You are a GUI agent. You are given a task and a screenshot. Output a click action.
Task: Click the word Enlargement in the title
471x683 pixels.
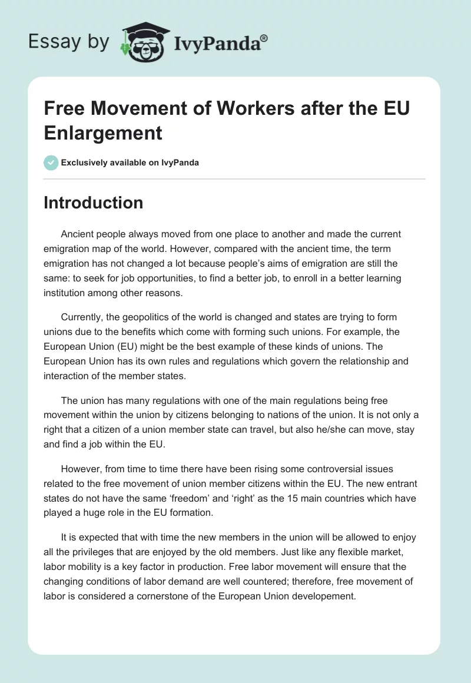pyautogui.click(x=103, y=133)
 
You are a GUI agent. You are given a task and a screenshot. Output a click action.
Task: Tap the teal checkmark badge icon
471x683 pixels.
pyautogui.click(x=51, y=163)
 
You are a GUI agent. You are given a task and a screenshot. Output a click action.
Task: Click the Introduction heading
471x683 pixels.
pyautogui.click(x=94, y=203)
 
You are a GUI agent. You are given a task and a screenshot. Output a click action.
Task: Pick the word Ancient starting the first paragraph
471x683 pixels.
pyautogui.click(x=78, y=234)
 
